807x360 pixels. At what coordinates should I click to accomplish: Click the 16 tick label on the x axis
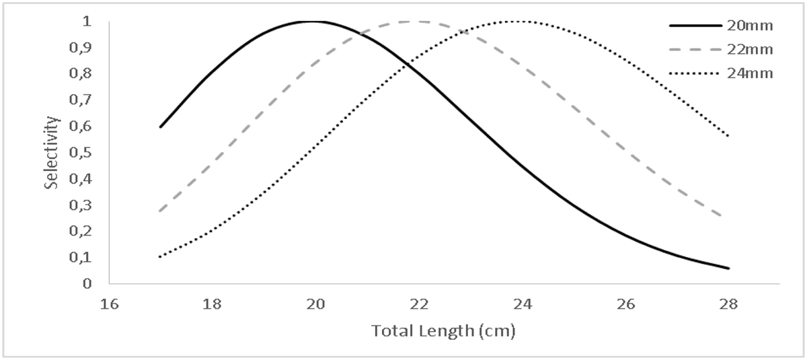tap(108, 303)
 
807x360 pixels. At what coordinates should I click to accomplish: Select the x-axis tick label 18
tap(212, 303)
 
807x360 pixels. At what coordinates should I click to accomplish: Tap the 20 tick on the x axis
tap(315, 303)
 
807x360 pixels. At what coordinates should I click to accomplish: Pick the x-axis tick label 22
tap(419, 303)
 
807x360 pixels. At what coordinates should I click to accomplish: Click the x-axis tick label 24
tap(523, 303)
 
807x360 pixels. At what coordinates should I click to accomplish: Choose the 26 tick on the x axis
tap(626, 303)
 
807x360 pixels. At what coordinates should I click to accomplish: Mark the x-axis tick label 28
tap(729, 303)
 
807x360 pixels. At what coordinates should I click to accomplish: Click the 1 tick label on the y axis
tap(85, 22)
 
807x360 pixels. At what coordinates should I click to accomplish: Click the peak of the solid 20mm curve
tap(313, 21)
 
